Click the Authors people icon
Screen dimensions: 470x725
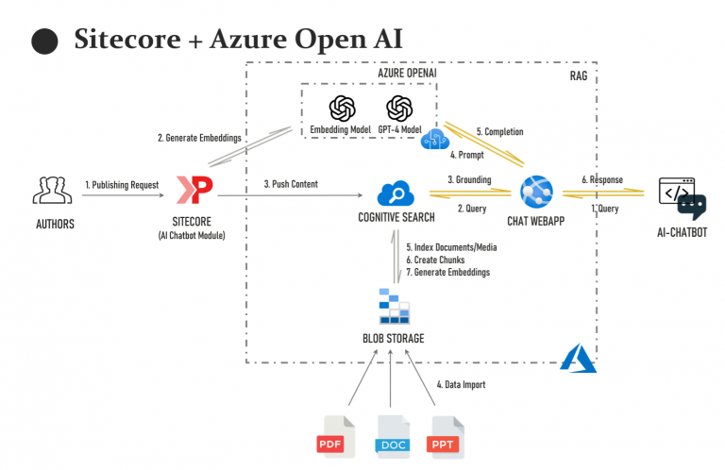pyautogui.click(x=52, y=191)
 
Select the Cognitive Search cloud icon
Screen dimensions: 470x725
pyautogui.click(x=396, y=194)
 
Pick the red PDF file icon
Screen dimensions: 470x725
pyautogui.click(x=334, y=435)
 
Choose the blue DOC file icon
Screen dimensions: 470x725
pyautogui.click(x=392, y=435)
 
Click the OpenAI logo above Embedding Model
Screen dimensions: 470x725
pyautogui.click(x=341, y=108)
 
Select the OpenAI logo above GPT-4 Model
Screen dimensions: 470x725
pyautogui.click(x=399, y=108)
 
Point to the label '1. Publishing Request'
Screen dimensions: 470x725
pyautogui.click(x=122, y=184)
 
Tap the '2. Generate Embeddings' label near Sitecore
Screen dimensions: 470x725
pyautogui.click(x=199, y=138)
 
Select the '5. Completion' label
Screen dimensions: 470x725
pyautogui.click(x=499, y=132)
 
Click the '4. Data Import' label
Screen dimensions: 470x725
pyautogui.click(x=461, y=385)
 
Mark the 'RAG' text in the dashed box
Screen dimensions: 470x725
pyautogui.click(x=581, y=76)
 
